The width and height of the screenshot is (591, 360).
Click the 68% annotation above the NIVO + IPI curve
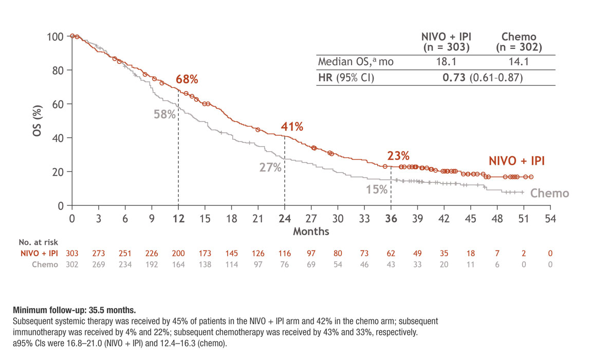(x=187, y=80)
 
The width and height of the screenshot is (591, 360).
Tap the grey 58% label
(x=164, y=114)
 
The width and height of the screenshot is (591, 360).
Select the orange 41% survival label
(x=292, y=127)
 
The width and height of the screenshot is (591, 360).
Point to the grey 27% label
(x=270, y=167)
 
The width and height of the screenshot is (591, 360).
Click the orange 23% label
(x=398, y=155)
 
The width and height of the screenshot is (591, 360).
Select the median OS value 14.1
(x=519, y=62)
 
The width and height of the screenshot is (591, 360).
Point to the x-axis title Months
(x=311, y=232)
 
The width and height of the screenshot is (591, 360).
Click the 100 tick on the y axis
(x=56, y=37)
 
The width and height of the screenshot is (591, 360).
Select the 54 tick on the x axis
(x=551, y=218)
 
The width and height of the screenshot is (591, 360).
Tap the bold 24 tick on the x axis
(x=284, y=218)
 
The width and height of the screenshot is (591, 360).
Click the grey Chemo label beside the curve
(x=549, y=194)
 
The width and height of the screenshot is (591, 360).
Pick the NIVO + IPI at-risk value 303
(x=72, y=254)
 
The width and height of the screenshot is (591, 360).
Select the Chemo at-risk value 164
(x=178, y=264)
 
